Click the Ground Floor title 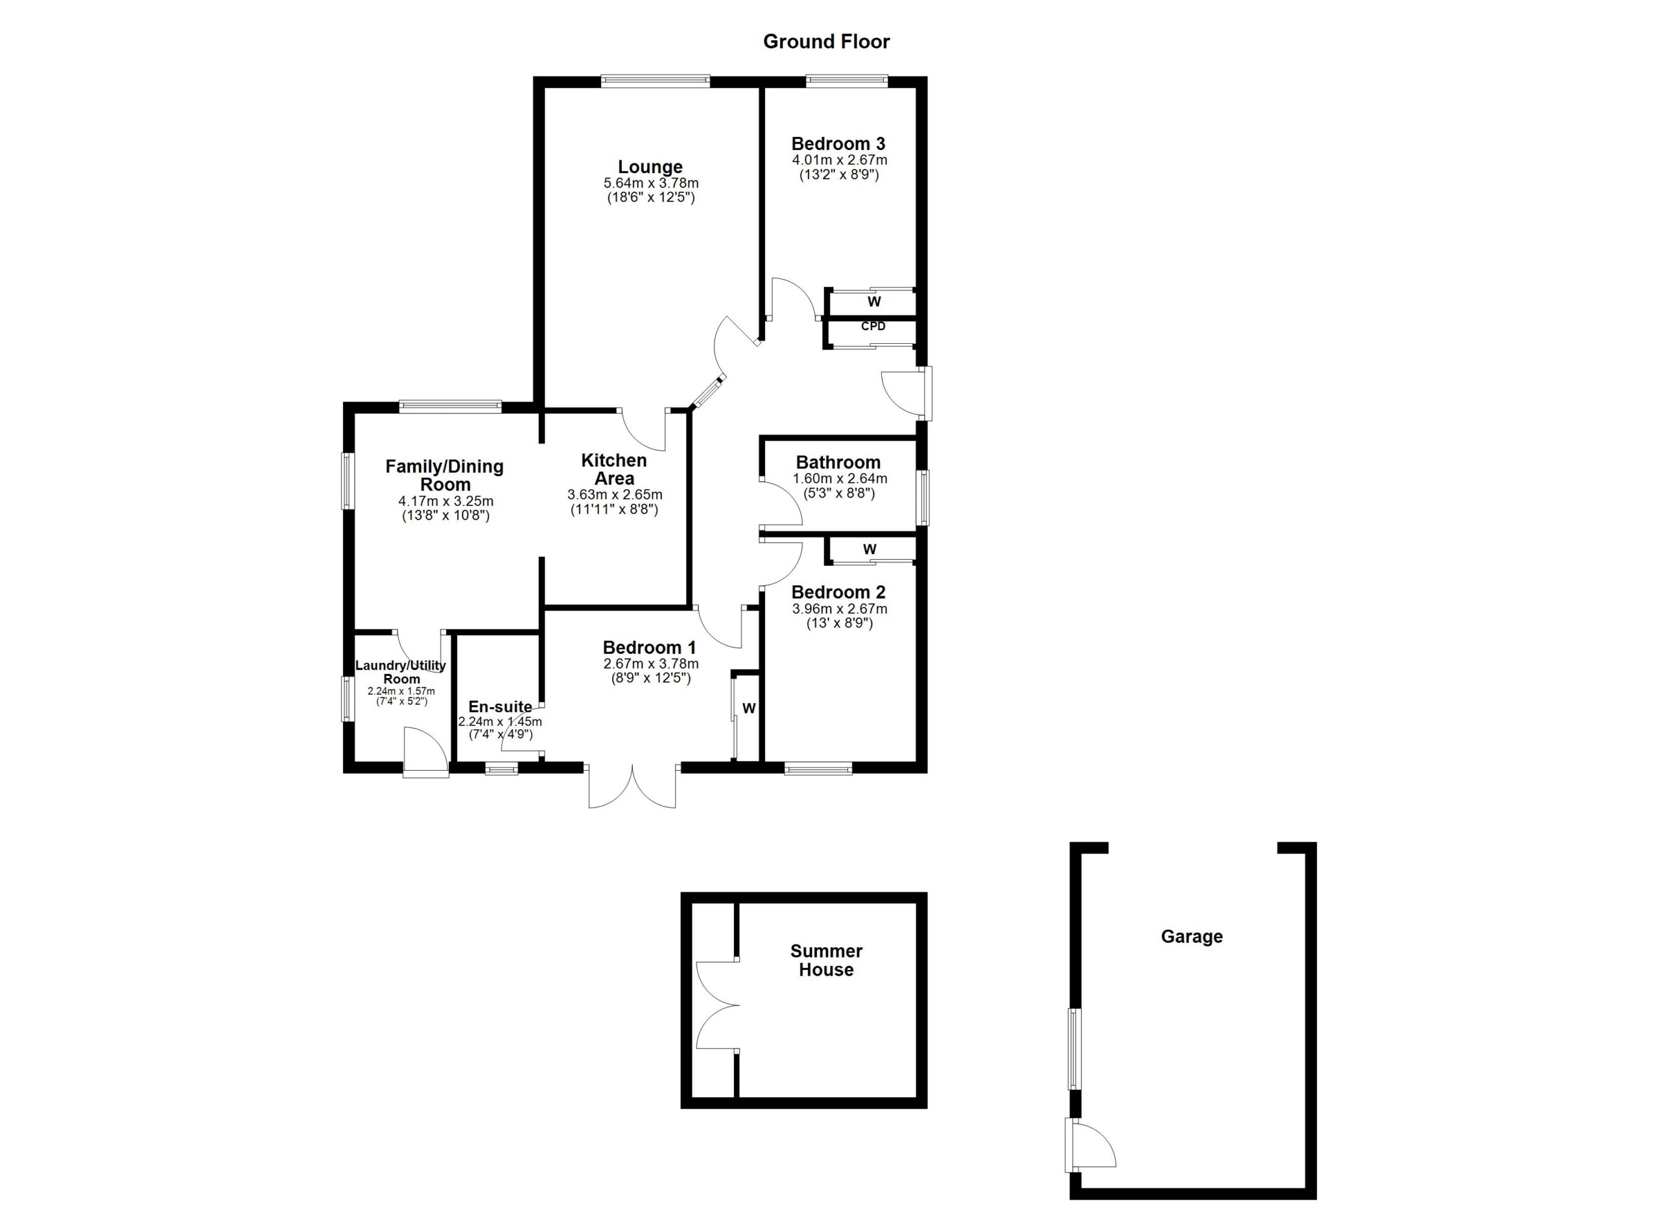[825, 42]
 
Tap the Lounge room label [650, 167]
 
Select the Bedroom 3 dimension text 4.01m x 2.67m [839, 160]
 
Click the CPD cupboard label [872, 326]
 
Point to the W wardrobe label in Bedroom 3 [874, 302]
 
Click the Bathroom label [838, 463]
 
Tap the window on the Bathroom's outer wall [923, 498]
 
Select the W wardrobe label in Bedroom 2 [870, 549]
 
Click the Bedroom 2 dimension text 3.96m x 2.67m [839, 609]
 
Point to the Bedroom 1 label [649, 648]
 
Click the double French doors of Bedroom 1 [632, 787]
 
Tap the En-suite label [500, 707]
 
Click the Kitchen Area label [614, 469]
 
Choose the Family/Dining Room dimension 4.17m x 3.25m [445, 501]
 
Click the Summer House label [826, 960]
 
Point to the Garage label [1192, 936]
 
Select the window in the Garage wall [1074, 1049]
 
